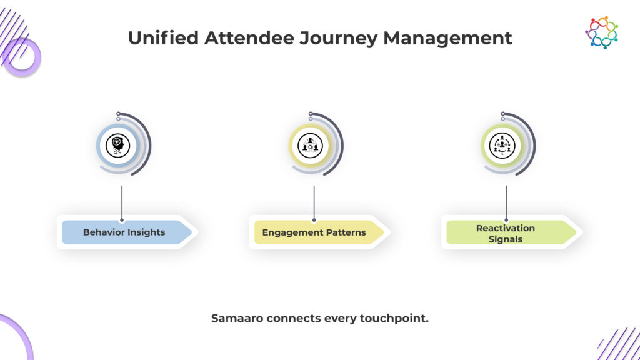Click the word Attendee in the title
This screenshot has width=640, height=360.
249,38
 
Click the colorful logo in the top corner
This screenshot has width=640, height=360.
601,32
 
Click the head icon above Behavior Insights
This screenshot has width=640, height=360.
118,145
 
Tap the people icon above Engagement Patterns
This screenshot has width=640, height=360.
310,145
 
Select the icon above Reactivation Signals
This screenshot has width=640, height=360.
502,145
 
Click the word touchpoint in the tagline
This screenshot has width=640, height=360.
393,319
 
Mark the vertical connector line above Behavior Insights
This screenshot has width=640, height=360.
122,203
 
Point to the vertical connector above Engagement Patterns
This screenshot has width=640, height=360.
314,203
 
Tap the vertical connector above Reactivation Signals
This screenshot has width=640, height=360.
506,203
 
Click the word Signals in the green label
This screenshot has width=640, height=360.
505,239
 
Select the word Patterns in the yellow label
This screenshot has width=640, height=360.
346,232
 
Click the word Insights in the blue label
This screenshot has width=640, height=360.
145,232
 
